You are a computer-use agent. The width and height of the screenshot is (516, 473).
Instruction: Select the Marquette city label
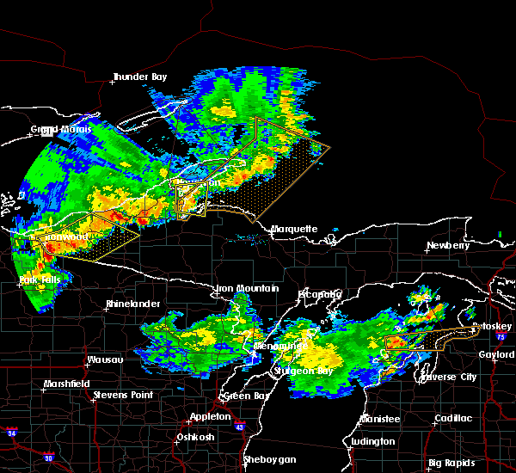294,230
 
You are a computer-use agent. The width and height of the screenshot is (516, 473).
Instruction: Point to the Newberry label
450,245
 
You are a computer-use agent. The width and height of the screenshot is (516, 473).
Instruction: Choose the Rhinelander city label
132,304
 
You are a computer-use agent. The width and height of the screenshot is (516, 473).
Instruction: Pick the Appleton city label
211,416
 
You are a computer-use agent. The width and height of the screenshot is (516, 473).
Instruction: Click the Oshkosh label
193,437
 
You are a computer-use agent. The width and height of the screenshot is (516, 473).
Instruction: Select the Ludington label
372,442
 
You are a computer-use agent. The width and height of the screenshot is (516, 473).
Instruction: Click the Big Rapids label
452,463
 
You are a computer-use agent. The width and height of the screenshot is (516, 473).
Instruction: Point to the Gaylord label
496,354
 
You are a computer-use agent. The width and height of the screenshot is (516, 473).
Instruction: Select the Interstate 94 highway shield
12,431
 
